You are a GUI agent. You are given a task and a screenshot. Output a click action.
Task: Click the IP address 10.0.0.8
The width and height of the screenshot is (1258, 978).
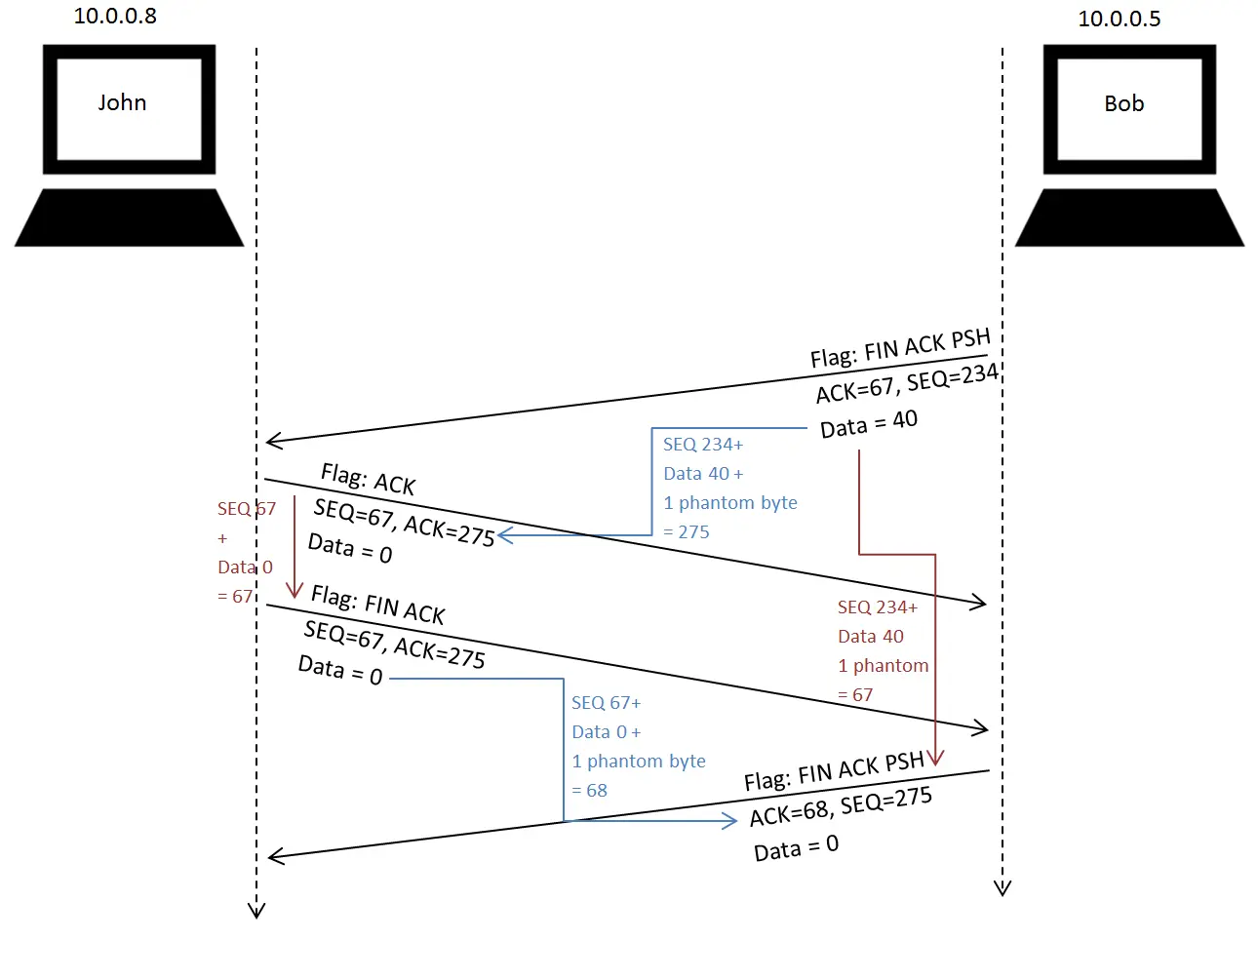click(115, 17)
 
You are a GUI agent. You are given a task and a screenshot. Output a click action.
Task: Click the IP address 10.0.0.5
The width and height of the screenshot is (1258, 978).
click(1119, 19)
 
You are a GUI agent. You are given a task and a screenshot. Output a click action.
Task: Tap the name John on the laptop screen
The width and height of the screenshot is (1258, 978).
click(122, 102)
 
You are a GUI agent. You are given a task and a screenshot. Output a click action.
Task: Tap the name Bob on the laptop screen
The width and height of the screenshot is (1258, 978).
click(1123, 103)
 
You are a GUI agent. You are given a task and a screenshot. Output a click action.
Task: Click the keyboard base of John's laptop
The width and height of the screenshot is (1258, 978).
click(129, 217)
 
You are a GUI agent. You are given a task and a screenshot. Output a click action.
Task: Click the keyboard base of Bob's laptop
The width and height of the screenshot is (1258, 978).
click(1129, 217)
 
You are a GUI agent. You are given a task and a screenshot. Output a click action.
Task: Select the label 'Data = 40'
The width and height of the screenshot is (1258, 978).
click(868, 423)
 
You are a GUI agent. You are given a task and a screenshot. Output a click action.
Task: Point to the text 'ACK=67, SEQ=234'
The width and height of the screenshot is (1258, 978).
click(907, 383)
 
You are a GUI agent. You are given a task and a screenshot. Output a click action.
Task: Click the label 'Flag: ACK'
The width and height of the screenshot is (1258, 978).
click(369, 480)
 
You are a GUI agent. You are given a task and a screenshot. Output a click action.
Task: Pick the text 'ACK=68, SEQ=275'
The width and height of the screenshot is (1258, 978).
click(841, 806)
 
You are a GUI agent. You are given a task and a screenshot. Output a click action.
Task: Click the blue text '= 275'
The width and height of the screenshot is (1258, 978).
click(686, 531)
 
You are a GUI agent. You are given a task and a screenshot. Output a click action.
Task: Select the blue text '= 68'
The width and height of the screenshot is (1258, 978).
click(589, 790)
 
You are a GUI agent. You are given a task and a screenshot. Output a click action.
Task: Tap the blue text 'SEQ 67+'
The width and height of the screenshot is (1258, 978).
click(607, 702)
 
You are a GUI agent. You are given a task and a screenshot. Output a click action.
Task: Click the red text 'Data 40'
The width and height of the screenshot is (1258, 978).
click(870, 637)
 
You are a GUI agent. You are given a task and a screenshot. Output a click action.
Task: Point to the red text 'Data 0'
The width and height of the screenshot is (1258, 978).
click(245, 567)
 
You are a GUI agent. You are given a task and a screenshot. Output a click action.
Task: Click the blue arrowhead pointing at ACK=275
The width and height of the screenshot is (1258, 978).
click(505, 534)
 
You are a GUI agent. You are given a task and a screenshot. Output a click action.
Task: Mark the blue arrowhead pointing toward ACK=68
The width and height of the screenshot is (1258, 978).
click(729, 821)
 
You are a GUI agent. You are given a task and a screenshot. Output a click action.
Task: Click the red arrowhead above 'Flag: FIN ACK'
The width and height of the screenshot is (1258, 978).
click(295, 590)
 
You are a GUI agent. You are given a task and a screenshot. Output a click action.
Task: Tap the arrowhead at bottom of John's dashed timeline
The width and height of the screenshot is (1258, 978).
click(256, 911)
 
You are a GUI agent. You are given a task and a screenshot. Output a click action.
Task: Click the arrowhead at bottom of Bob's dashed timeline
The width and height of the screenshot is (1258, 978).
click(1002, 888)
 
